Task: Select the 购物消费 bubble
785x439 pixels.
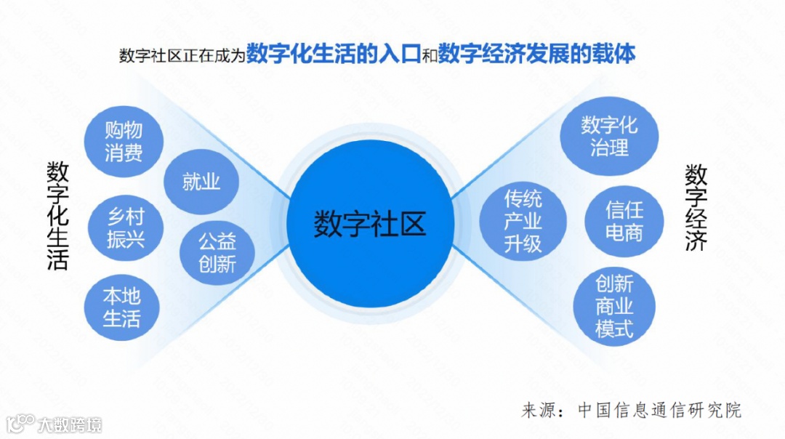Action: pyautogui.click(x=123, y=141)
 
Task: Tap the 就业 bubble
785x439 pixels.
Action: pyautogui.click(x=201, y=181)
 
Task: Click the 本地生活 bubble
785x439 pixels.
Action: pyautogui.click(x=121, y=307)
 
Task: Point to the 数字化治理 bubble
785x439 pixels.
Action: pyautogui.click(x=609, y=136)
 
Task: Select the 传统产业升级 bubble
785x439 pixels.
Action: pyautogui.click(x=523, y=221)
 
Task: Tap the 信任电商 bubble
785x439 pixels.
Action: pyautogui.click(x=624, y=221)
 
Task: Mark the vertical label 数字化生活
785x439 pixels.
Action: pyautogui.click(x=57, y=215)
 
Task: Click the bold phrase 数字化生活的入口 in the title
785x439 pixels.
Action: pyautogui.click(x=334, y=54)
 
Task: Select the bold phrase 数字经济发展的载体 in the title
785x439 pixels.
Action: pyautogui.click(x=537, y=54)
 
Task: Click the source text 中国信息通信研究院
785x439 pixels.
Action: pyautogui.click(x=659, y=409)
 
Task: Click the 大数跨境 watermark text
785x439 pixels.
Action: pyautogui.click(x=70, y=424)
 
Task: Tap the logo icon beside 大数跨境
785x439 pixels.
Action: pyautogui.click(x=20, y=423)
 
